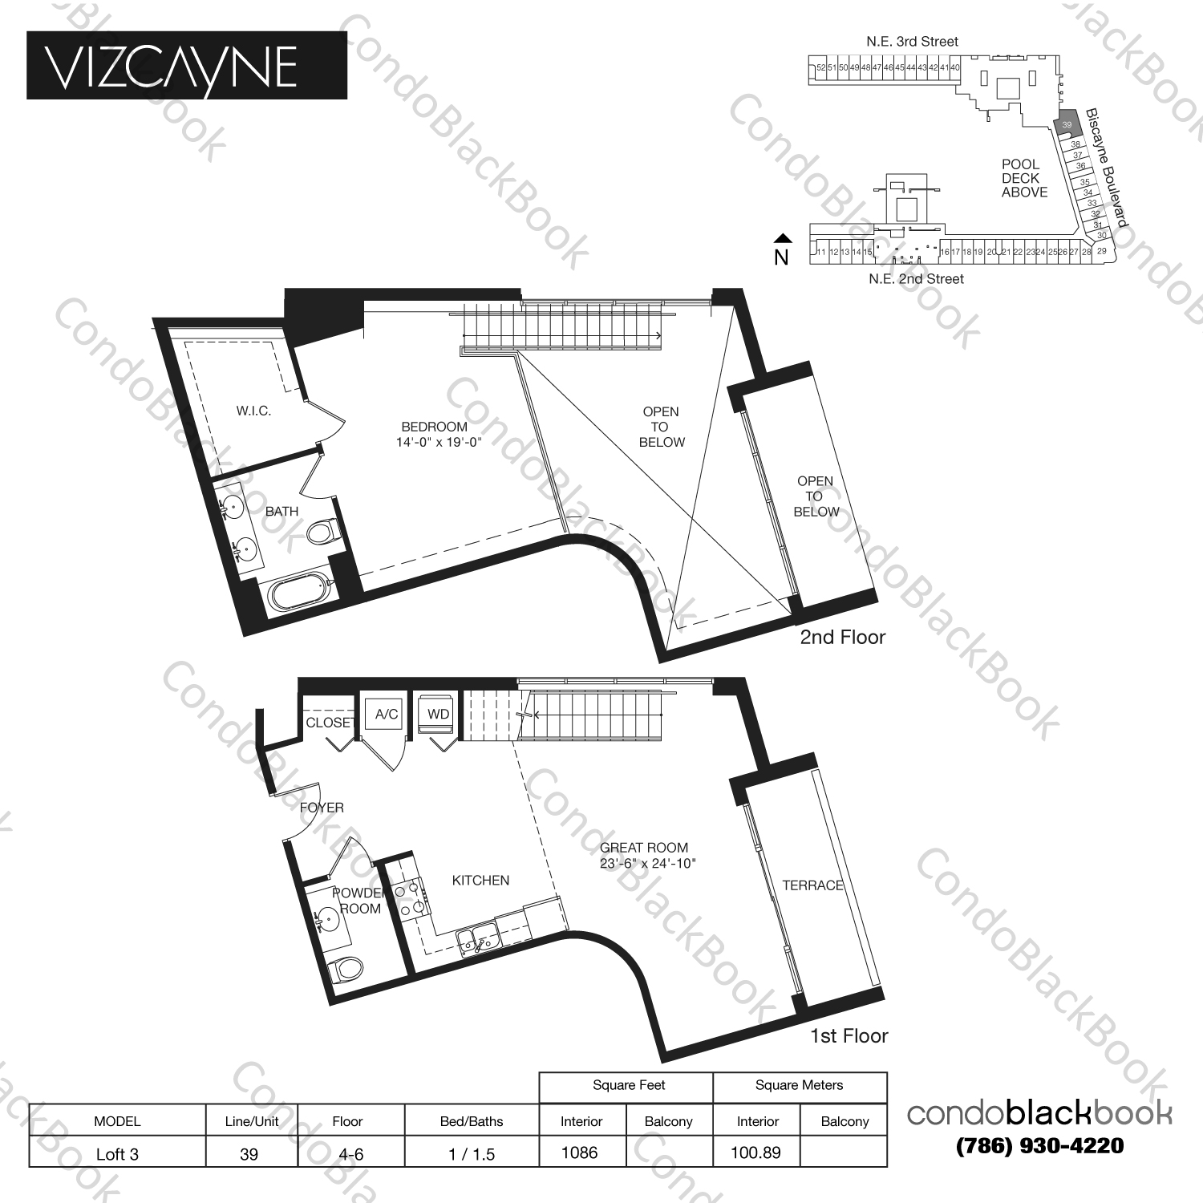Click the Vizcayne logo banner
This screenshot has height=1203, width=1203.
tap(187, 65)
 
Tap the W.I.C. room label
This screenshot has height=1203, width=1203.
tap(253, 411)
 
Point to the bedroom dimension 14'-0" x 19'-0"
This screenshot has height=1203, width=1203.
tap(439, 441)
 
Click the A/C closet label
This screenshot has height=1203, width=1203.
tap(386, 714)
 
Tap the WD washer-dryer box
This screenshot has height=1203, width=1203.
tap(438, 714)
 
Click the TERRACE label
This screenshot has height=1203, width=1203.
tap(812, 885)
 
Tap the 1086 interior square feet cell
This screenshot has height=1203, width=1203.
tap(579, 1152)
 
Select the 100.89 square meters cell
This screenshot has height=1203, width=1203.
tap(755, 1152)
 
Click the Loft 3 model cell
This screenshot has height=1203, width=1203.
tap(117, 1154)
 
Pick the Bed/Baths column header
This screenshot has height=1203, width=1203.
tap(472, 1121)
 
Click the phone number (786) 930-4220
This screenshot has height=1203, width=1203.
tap(1039, 1146)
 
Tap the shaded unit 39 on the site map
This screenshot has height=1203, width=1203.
tap(1066, 124)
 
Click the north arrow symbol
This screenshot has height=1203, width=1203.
tap(782, 238)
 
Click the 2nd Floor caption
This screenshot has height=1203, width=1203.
tap(842, 638)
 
